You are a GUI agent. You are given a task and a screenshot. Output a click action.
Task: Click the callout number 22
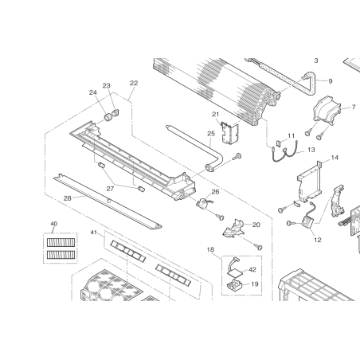(134, 83)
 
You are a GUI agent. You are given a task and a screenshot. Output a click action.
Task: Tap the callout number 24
(93, 92)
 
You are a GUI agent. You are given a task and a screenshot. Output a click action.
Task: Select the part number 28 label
(68, 198)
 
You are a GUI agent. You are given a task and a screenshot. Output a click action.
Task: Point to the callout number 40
(53, 224)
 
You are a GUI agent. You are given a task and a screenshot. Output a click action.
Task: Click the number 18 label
(210, 249)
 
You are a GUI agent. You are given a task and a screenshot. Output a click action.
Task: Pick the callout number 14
(335, 158)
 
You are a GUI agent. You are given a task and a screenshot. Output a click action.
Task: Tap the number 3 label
(316, 61)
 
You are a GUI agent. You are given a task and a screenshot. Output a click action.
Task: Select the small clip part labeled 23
(115, 112)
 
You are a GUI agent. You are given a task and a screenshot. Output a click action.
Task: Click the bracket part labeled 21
(230, 134)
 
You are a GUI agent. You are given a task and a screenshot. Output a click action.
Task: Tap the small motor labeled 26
(203, 203)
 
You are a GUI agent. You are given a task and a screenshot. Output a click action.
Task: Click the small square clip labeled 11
(279, 143)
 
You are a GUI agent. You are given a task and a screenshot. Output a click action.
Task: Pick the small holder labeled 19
(234, 286)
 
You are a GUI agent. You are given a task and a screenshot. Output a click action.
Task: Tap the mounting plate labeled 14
(310, 182)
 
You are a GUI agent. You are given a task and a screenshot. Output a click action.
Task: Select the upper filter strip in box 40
(61, 242)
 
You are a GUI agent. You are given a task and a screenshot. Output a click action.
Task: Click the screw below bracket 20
(258, 247)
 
